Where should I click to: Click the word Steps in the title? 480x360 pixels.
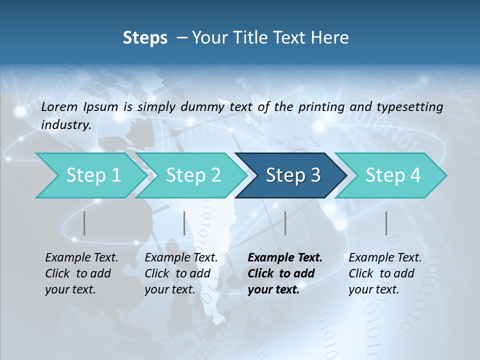tap(145, 38)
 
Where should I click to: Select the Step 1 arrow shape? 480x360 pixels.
tap(90, 175)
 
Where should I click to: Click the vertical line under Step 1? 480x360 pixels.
tap(84, 223)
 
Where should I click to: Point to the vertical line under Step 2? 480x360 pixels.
tap(184, 223)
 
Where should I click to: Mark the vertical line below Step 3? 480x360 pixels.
tap(285, 223)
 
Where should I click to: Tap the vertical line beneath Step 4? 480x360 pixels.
tap(386, 223)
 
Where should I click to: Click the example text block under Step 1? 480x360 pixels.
tap(81, 273)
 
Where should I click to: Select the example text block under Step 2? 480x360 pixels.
tap(181, 273)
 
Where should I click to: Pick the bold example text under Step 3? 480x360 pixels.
tap(285, 273)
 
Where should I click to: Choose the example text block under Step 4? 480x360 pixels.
tap(385, 273)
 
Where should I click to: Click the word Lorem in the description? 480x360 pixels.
tap(59, 106)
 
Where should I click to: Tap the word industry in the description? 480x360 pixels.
tap(66, 125)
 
